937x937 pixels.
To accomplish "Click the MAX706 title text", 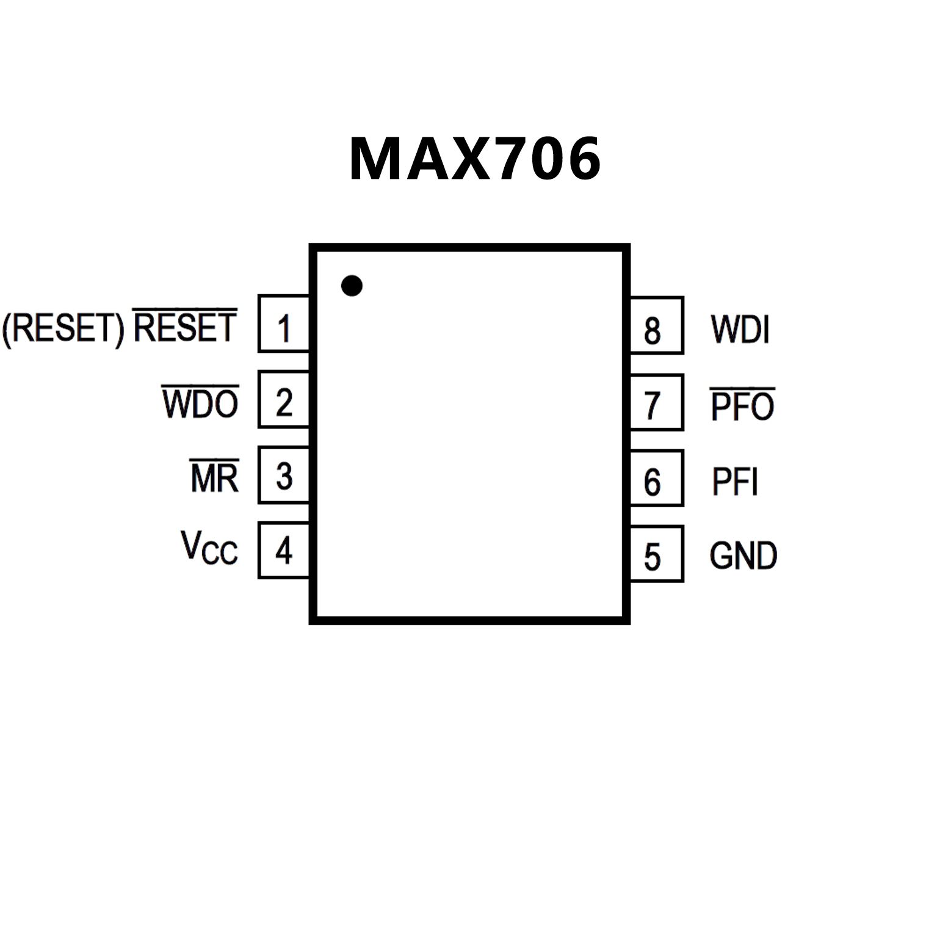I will pyautogui.click(x=475, y=159).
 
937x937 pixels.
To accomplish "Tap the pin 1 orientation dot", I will pyautogui.click(x=352, y=285).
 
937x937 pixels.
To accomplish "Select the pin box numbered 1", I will pyautogui.click(x=284, y=324).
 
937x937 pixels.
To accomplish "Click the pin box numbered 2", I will pyautogui.click(x=284, y=399).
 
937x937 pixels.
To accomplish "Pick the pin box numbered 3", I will pyautogui.click(x=284, y=475).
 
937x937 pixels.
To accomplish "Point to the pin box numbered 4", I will pyautogui.click(x=284, y=550).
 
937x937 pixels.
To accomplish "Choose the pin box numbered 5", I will pyautogui.click(x=656, y=554).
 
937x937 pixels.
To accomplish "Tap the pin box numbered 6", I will pyautogui.click(x=656, y=479).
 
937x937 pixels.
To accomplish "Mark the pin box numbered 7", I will pyautogui.click(x=656, y=403).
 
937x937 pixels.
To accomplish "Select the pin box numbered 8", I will pyautogui.click(x=656, y=326).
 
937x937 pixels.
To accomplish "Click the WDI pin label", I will pyautogui.click(x=740, y=330).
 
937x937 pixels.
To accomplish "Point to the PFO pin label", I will pyautogui.click(x=742, y=405).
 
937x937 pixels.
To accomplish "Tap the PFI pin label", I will pyautogui.click(x=735, y=482).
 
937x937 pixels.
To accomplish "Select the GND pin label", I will pyautogui.click(x=743, y=555).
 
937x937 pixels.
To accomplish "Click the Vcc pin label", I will pyautogui.click(x=209, y=548).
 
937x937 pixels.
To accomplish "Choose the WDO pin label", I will pyautogui.click(x=200, y=403).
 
